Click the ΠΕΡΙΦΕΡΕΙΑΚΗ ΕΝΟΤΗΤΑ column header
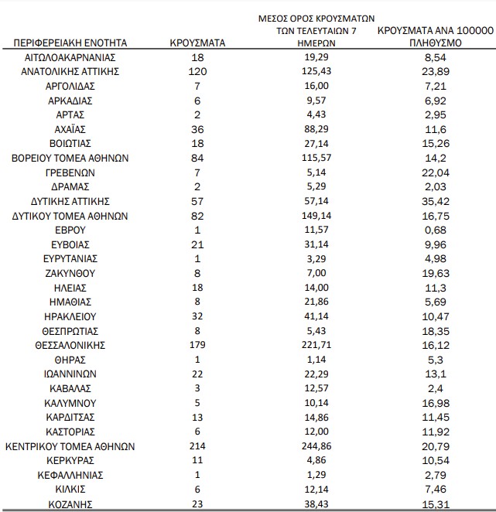click(71, 43)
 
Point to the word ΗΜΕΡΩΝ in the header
click(314, 43)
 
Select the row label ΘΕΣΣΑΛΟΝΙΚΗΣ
click(70, 345)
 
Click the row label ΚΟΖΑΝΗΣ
click(70, 504)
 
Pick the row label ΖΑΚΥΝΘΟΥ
click(70, 272)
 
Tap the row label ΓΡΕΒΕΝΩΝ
click(70, 172)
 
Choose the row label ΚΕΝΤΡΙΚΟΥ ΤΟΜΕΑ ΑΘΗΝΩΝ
click(70, 446)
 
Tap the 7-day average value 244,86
click(314, 446)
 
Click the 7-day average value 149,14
click(314, 215)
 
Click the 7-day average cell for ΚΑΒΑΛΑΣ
click(314, 388)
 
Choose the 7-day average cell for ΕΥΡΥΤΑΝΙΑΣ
click(314, 258)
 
